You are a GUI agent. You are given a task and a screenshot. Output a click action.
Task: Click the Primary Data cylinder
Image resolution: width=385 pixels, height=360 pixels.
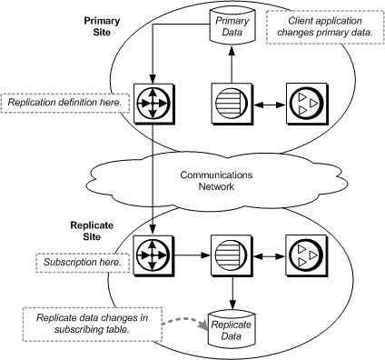231,25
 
